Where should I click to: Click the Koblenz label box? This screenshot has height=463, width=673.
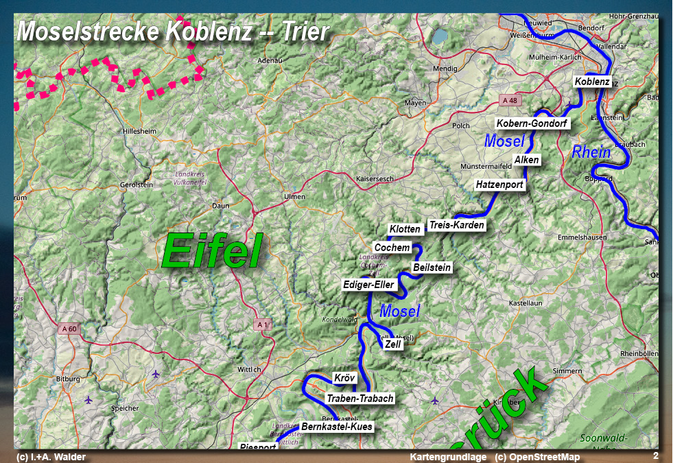(x=592, y=82)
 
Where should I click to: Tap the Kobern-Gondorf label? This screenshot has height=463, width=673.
(x=532, y=123)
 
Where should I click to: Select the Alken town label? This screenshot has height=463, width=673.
(x=527, y=160)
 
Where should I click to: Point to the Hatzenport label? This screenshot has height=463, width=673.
(x=499, y=185)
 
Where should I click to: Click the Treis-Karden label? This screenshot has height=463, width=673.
(x=456, y=225)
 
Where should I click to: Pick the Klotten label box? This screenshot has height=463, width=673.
(x=404, y=229)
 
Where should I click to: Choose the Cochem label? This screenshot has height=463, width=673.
(x=392, y=248)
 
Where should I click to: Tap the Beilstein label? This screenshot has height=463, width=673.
(x=432, y=268)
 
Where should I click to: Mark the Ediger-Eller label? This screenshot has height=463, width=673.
(x=368, y=284)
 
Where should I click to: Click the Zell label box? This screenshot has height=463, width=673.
(x=392, y=344)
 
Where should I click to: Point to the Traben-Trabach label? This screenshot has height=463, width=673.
(x=359, y=399)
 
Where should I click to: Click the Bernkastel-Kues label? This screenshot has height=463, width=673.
(x=336, y=427)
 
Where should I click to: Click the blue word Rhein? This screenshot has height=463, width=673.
(x=591, y=152)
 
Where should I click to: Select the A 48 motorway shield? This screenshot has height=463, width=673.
(x=510, y=100)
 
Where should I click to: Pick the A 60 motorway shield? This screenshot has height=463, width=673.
(x=69, y=329)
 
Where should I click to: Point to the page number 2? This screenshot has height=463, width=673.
(x=655, y=455)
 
